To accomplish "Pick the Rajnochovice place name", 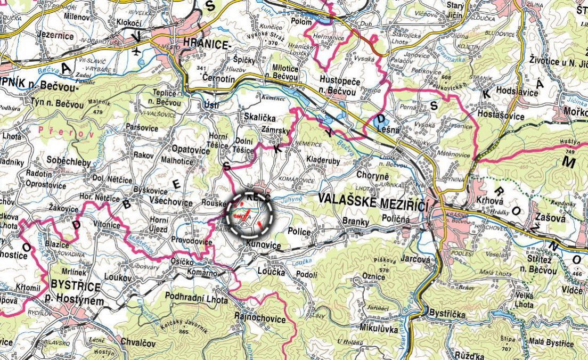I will tap(260, 320).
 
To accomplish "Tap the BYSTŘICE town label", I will tap(75, 287).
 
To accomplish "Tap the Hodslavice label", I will tap(517, 91).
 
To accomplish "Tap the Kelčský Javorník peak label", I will tap(184, 324).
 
